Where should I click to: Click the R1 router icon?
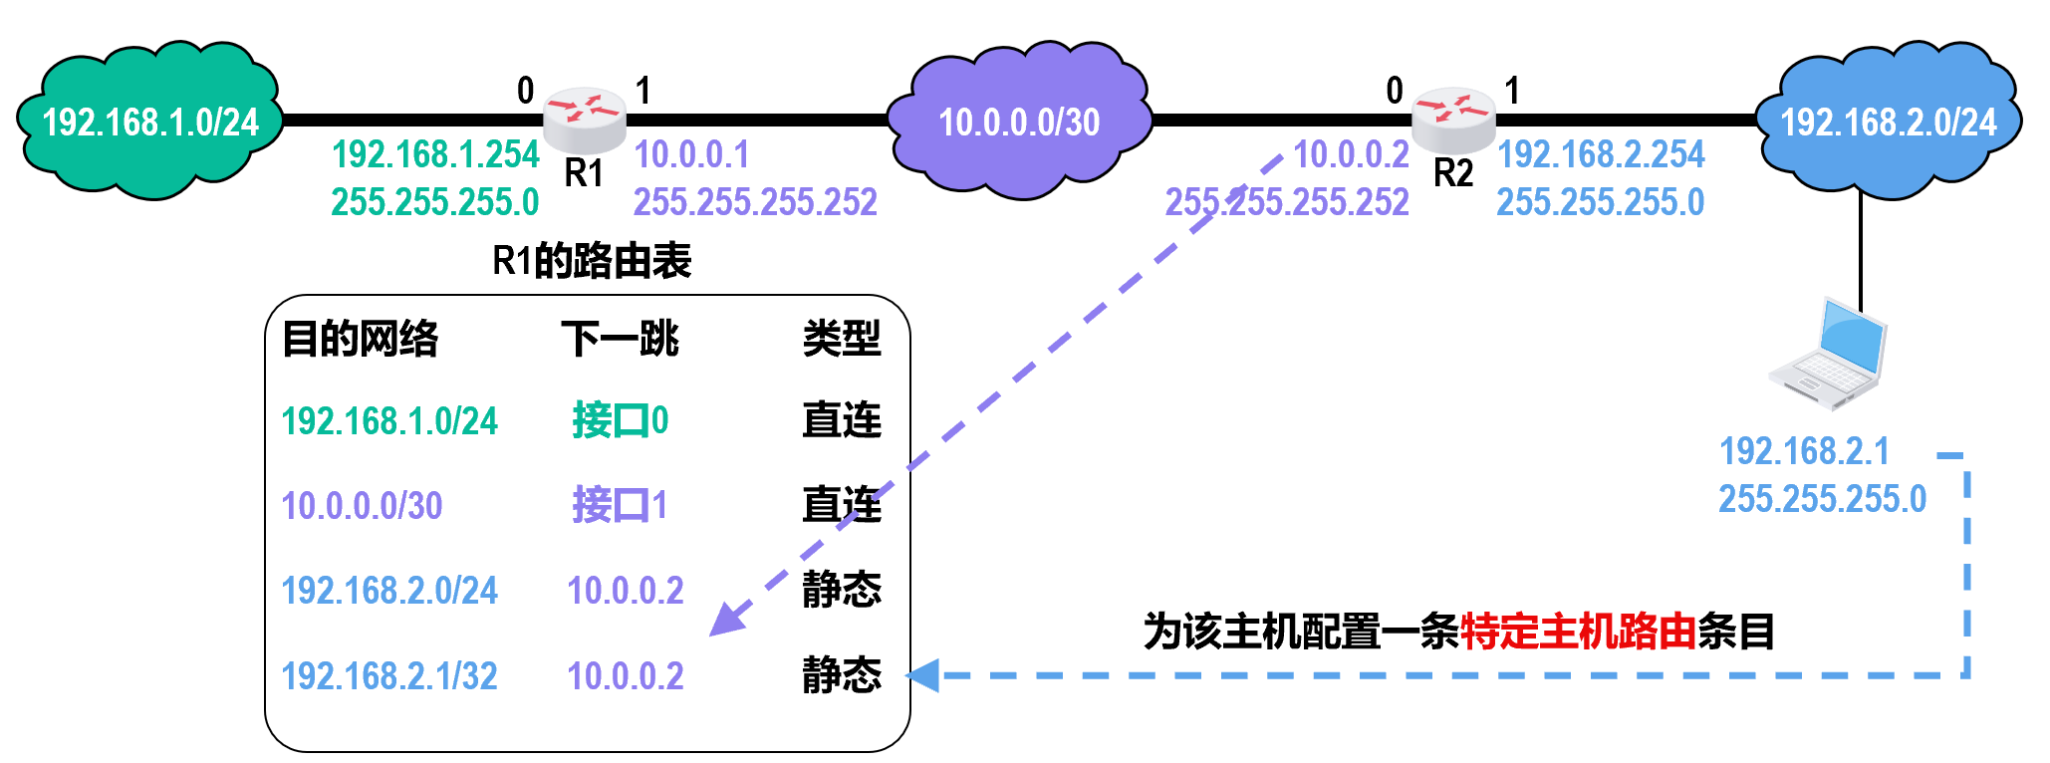tap(585, 120)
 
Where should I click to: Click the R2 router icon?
tap(1453, 120)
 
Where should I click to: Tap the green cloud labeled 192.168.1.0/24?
tap(149, 122)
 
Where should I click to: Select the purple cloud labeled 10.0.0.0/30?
tap(1019, 122)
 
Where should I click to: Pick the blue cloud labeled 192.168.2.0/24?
tap(1888, 122)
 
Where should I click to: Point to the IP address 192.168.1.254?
tap(435, 154)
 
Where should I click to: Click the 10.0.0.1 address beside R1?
tap(691, 154)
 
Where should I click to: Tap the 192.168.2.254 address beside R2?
tap(1601, 154)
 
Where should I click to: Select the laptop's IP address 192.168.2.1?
tap(1804, 451)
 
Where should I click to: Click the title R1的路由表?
tap(592, 261)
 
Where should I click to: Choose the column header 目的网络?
tap(360, 339)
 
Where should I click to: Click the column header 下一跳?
tap(620, 339)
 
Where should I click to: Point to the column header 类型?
tap(842, 339)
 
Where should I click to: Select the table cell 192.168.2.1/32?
tap(389, 676)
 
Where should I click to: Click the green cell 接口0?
tap(620, 420)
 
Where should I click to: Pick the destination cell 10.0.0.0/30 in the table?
tap(362, 506)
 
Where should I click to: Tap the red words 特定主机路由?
tap(1578, 632)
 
